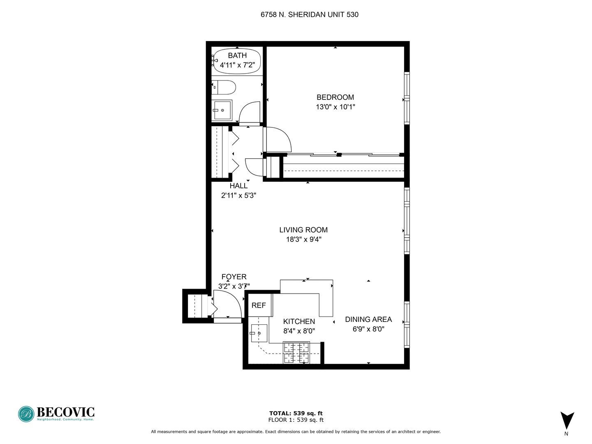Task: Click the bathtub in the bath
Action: [x=237, y=61]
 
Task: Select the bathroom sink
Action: [x=222, y=110]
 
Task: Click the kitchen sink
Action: [x=259, y=333]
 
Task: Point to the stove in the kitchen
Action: [x=296, y=352]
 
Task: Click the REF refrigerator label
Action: [x=259, y=305]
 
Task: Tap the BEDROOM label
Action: [x=335, y=97]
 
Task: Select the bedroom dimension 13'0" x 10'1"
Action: [x=335, y=107]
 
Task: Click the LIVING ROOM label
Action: [x=303, y=230]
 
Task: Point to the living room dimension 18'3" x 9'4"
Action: [x=304, y=239]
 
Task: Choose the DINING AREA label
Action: [x=368, y=319]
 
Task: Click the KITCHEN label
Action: [x=299, y=321]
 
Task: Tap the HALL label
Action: [x=238, y=186]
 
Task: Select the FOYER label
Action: [x=234, y=277]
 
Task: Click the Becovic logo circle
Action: [x=26, y=414]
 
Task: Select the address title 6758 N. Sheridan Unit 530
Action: [x=309, y=14]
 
